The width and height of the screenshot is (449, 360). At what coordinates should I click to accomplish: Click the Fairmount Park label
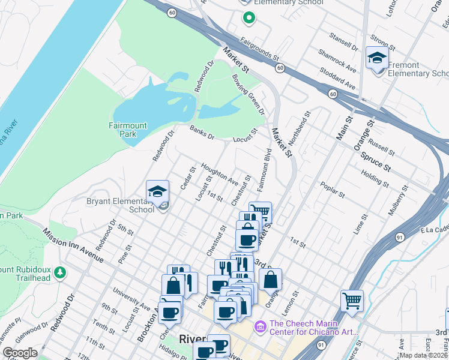[127, 130]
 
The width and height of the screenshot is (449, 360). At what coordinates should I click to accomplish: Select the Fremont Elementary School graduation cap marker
[376, 59]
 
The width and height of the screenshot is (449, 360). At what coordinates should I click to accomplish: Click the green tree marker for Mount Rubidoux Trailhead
[59, 273]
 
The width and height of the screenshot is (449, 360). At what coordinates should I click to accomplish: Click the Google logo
[20, 353]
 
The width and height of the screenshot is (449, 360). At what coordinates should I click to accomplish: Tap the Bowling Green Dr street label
[249, 95]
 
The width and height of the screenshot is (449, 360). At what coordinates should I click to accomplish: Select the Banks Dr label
[202, 133]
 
